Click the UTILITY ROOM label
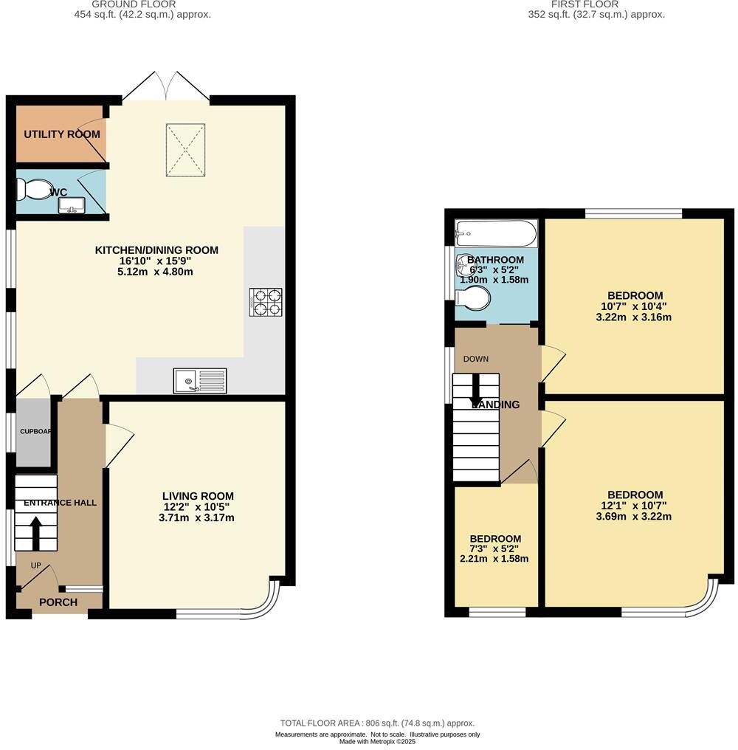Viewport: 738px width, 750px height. pyautogui.click(x=61, y=134)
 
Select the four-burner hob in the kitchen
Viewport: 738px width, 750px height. pyautogui.click(x=266, y=303)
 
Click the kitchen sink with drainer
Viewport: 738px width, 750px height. pyautogui.click(x=201, y=381)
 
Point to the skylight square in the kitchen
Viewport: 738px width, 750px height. pyautogui.click(x=186, y=151)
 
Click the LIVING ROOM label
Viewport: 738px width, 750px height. pyautogui.click(x=199, y=496)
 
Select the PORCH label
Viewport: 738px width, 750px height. pyautogui.click(x=58, y=602)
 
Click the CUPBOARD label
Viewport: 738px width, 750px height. pyautogui.click(x=34, y=431)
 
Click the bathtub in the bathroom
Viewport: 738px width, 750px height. pyautogui.click(x=495, y=233)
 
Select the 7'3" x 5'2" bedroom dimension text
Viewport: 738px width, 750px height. pyautogui.click(x=495, y=549)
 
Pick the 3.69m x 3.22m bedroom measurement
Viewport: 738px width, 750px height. pyautogui.click(x=635, y=517)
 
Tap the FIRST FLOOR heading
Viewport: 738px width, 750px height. pyautogui.click(x=595, y=4)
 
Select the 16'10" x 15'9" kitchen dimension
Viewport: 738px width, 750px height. pyautogui.click(x=156, y=261)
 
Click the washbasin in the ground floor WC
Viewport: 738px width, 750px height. pyautogui.click(x=72, y=204)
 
